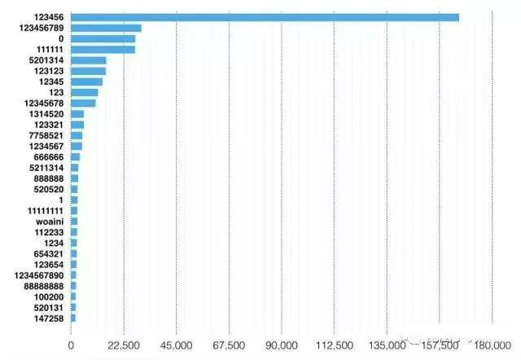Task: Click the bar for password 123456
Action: click(x=265, y=17)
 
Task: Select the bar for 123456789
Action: click(x=106, y=28)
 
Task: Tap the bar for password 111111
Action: click(x=103, y=50)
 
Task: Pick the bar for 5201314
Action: click(x=89, y=60)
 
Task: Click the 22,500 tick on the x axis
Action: click(x=123, y=345)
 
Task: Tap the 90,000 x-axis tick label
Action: click(x=282, y=345)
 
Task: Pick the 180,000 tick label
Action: click(x=493, y=345)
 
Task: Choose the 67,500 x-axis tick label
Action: click(x=229, y=345)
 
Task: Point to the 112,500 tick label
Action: click(x=334, y=345)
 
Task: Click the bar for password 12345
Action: click(x=86, y=81)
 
